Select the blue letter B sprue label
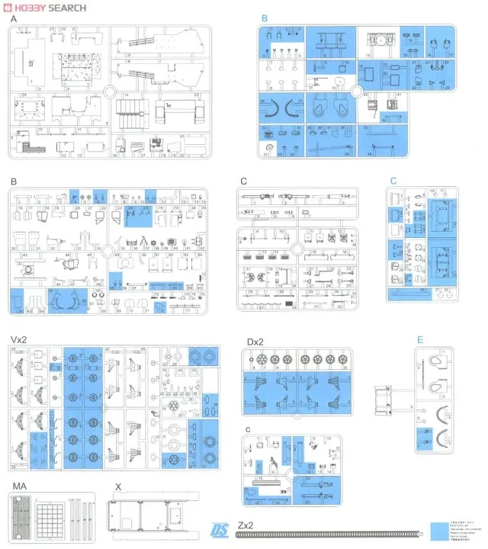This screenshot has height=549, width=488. pos(265,18)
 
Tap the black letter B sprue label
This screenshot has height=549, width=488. pos(13,181)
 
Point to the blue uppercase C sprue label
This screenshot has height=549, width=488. pos(393,181)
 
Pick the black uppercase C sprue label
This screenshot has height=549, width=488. pos(243,181)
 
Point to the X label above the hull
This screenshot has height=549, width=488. pos(117,485)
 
